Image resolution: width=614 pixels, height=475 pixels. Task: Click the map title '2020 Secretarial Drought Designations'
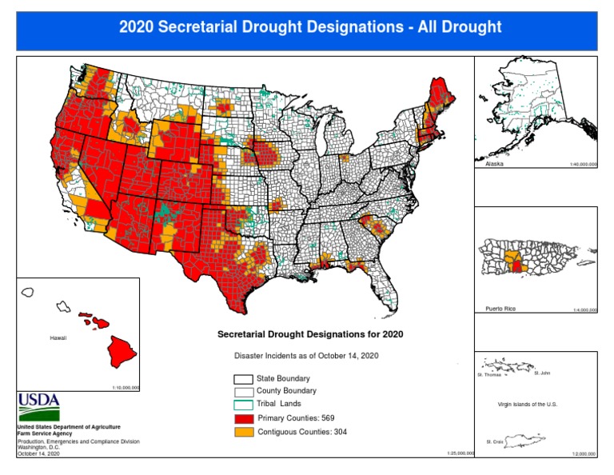point(310,26)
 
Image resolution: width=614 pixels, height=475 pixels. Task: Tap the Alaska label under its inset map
point(495,164)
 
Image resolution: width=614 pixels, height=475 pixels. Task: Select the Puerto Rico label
point(500,309)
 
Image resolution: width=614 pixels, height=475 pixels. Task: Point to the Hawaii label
point(58,338)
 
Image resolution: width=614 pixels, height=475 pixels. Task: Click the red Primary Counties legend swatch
point(243,418)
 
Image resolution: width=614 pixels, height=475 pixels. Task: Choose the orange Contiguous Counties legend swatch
point(243,432)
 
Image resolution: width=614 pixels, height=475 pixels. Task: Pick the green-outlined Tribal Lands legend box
point(243,405)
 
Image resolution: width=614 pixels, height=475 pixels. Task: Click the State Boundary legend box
point(243,379)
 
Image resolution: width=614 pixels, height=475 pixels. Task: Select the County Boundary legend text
point(285,391)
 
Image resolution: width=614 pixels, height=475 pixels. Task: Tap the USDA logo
point(38,408)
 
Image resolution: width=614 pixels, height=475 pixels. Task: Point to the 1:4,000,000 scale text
point(584,309)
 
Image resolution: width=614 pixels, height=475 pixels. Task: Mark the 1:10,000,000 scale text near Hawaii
point(126,387)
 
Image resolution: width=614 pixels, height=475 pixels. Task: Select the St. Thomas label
point(488,373)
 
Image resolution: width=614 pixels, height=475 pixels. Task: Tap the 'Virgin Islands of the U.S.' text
point(527,405)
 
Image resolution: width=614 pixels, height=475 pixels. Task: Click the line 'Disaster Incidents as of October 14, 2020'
point(305,354)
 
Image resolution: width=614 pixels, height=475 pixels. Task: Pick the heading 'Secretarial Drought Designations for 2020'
point(310,333)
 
